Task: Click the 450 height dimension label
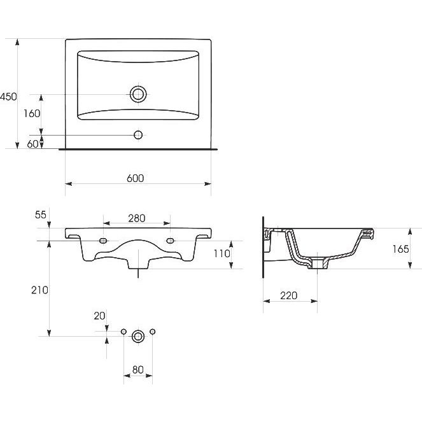[8, 97]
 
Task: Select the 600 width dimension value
[136, 178]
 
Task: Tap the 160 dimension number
[32, 113]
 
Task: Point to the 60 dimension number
[33, 144]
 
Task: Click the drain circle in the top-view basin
[138, 94]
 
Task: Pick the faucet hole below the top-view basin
[138, 135]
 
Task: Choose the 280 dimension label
[137, 218]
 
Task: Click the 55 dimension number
[41, 215]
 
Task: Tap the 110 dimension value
[222, 253]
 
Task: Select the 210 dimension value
[40, 290]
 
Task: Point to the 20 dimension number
[99, 316]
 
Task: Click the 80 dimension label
[137, 370]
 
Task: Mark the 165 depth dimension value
[400, 250]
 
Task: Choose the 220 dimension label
[289, 296]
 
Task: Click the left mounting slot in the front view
[103, 241]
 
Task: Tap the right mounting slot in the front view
[170, 241]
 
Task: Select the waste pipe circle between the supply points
[138, 336]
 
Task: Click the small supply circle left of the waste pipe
[123, 332]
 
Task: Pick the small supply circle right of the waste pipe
[152, 332]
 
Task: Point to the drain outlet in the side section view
[318, 264]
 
